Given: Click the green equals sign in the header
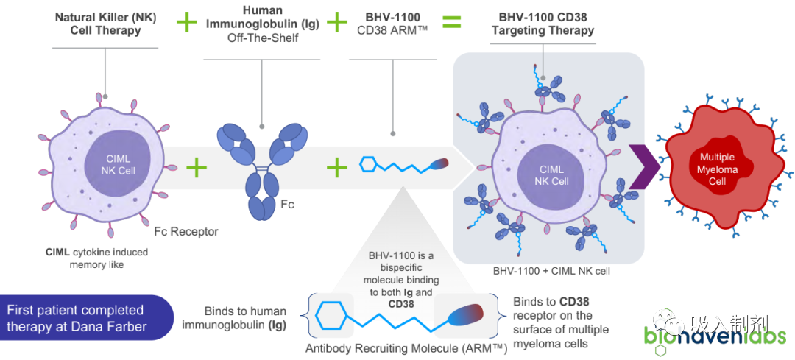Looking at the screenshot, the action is pyautogui.click(x=452, y=22).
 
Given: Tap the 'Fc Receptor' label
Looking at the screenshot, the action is pyautogui.click(x=186, y=232).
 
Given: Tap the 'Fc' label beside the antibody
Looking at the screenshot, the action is pyautogui.click(x=287, y=205).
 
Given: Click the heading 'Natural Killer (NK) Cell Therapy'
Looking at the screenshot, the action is pyautogui.click(x=105, y=24).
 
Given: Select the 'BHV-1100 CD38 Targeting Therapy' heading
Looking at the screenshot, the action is pyautogui.click(x=543, y=24).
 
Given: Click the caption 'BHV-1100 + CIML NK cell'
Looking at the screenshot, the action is pyautogui.click(x=551, y=271).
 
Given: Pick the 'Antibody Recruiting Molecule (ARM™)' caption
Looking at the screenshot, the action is pyautogui.click(x=406, y=348).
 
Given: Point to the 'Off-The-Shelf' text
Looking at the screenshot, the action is pyautogui.click(x=261, y=37).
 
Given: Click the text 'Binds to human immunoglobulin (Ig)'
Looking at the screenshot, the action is pyautogui.click(x=245, y=319).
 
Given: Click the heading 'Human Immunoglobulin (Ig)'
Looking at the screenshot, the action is pyautogui.click(x=262, y=17).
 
